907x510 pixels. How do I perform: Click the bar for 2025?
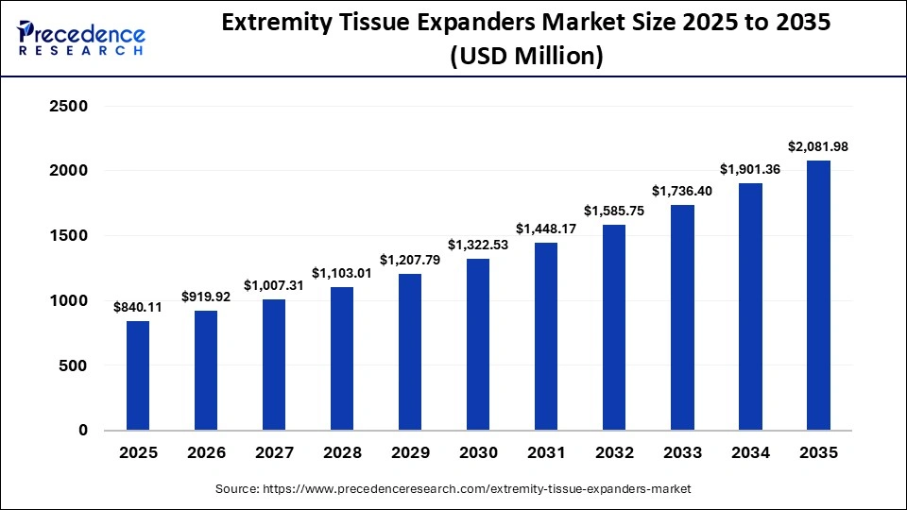[x=138, y=375]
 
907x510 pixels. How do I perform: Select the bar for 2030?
[x=478, y=344]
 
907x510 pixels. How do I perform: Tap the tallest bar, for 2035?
[x=818, y=295]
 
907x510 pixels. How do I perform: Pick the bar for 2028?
[x=342, y=358]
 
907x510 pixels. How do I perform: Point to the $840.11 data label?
[x=137, y=307]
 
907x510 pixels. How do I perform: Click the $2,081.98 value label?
[x=818, y=146]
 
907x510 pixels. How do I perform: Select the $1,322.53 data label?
[x=478, y=245]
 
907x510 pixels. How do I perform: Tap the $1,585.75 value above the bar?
[x=614, y=211]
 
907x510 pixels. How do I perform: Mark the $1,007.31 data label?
[x=274, y=285]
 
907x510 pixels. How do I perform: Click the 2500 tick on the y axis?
[x=68, y=107]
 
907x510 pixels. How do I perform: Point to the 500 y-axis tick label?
[x=75, y=365]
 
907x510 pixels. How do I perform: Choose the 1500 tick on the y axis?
[x=68, y=236]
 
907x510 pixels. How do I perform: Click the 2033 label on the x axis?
[x=682, y=453]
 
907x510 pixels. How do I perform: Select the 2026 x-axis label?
[x=206, y=453]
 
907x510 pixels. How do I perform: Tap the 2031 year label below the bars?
[x=546, y=453]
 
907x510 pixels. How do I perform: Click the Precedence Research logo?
[x=81, y=39]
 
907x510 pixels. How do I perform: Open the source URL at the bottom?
[x=453, y=489]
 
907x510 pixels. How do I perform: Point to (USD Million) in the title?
[x=525, y=57]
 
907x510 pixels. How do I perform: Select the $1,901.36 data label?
[x=750, y=169]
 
